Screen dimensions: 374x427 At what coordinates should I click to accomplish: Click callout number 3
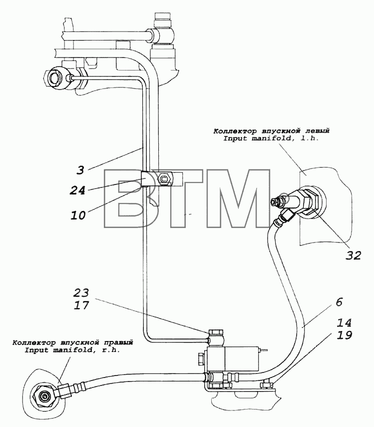point(80,170)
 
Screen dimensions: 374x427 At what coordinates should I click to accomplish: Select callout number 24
point(77,190)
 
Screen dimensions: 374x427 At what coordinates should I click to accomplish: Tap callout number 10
point(78,215)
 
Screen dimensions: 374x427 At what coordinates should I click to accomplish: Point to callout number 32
point(354,255)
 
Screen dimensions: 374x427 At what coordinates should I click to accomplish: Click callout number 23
point(81,292)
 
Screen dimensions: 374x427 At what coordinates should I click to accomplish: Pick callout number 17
point(81,305)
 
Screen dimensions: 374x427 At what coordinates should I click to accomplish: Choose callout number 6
point(339,302)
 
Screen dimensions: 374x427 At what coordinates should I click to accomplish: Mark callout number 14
point(345,322)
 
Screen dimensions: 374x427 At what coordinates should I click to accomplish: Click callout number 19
point(345,335)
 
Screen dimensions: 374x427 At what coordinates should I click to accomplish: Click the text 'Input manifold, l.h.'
point(271,138)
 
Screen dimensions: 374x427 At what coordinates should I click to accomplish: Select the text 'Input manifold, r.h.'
point(72,350)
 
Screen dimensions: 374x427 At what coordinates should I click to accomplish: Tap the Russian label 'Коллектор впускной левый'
point(271,131)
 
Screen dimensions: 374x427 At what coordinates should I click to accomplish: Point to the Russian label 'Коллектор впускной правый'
point(72,342)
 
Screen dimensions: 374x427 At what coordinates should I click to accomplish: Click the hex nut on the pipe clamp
point(164,178)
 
